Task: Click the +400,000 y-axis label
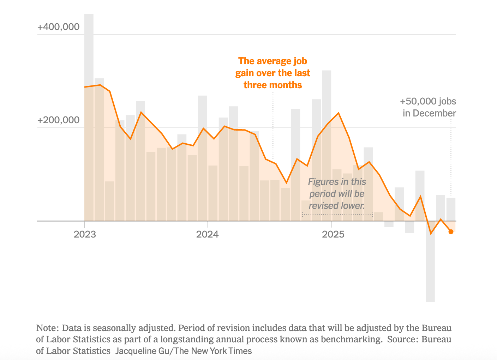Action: (x=58, y=27)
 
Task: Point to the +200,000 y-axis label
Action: (x=58, y=120)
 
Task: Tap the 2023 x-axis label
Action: (x=85, y=234)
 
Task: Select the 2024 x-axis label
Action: (x=208, y=234)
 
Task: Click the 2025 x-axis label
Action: (x=333, y=234)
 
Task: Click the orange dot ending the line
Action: (x=451, y=232)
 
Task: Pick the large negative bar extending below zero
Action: (x=430, y=268)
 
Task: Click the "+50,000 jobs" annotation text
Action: (x=428, y=101)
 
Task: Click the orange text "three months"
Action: (x=273, y=85)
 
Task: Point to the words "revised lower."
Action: (x=337, y=206)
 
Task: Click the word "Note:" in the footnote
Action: (x=48, y=328)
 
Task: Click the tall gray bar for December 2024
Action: (x=327, y=141)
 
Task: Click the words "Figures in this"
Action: (x=337, y=182)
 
